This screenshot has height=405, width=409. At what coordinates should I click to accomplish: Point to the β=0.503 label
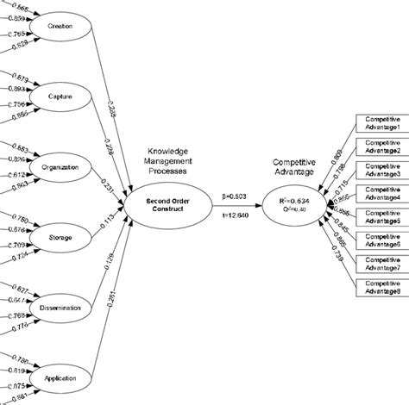234,196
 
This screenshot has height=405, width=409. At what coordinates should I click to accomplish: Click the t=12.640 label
234,215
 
